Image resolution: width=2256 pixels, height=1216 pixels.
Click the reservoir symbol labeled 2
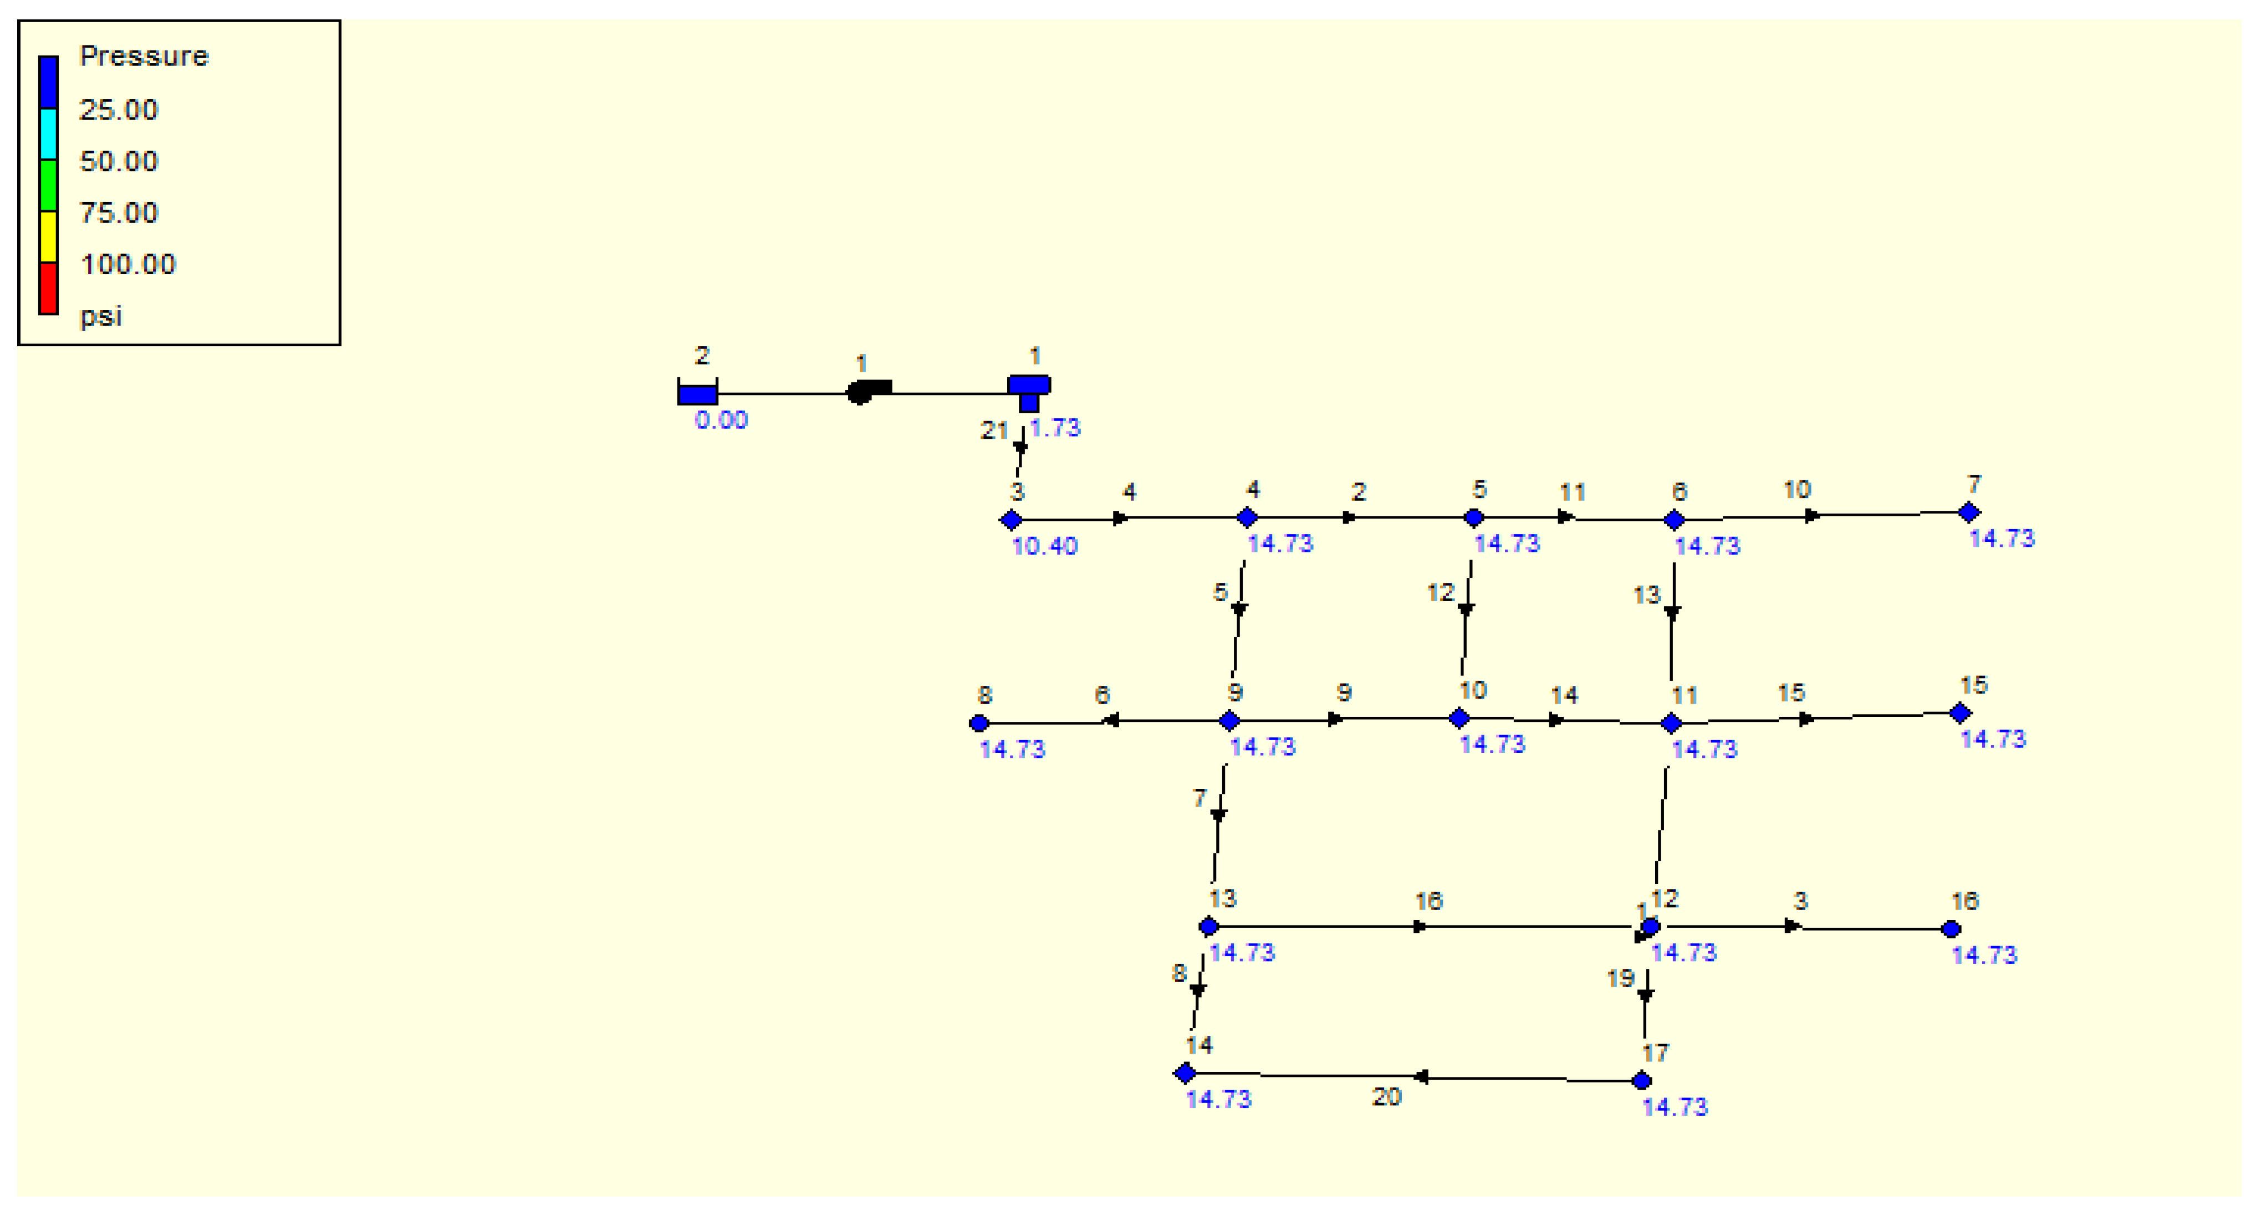697,393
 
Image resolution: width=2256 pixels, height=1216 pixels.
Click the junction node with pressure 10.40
1012,520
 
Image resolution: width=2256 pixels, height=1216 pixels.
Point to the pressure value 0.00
721,420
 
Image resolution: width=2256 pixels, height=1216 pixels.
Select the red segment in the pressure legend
48,287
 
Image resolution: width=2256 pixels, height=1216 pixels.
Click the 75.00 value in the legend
119,213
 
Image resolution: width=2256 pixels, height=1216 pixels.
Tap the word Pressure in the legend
144,56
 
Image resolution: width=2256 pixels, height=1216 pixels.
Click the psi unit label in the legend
101,316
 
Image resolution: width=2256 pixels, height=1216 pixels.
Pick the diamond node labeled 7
1969,511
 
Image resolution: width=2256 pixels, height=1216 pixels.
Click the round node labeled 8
979,723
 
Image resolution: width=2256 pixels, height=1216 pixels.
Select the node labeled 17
1642,1081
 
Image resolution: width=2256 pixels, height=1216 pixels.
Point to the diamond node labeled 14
1185,1073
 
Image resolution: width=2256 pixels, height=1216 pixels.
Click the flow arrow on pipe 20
1421,1077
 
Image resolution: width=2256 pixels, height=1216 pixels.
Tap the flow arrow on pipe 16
1420,926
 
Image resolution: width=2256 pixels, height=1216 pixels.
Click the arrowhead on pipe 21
1020,448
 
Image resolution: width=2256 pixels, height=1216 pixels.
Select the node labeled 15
1960,714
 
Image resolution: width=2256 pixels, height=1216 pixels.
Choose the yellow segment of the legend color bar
48,237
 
